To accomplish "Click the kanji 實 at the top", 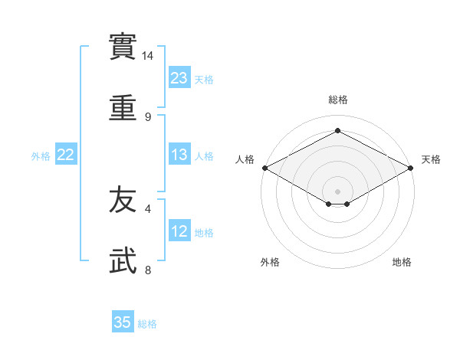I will pyautogui.click(x=123, y=47).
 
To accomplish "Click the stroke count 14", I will pyautogui.click(x=148, y=57).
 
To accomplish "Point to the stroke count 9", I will pyautogui.click(x=148, y=117).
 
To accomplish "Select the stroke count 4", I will pyautogui.click(x=148, y=208).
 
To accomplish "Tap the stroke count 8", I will pyautogui.click(x=148, y=270).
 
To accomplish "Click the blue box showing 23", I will pyautogui.click(x=179, y=78).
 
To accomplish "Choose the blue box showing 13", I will pyautogui.click(x=179, y=155).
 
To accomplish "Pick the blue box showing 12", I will pyautogui.click(x=179, y=232).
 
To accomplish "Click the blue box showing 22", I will pyautogui.click(x=66, y=155).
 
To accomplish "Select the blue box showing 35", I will pyautogui.click(x=123, y=322).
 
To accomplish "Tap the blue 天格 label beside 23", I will pyautogui.click(x=204, y=80).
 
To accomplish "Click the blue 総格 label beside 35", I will pyautogui.click(x=147, y=324).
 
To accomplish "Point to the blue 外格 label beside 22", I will pyautogui.click(x=41, y=156).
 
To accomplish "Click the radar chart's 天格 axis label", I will pyautogui.click(x=431, y=159).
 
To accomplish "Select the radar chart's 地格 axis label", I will pyautogui.click(x=402, y=263).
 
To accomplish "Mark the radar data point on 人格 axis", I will pyautogui.click(x=264, y=168).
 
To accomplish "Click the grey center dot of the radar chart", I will pyautogui.click(x=337, y=191).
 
